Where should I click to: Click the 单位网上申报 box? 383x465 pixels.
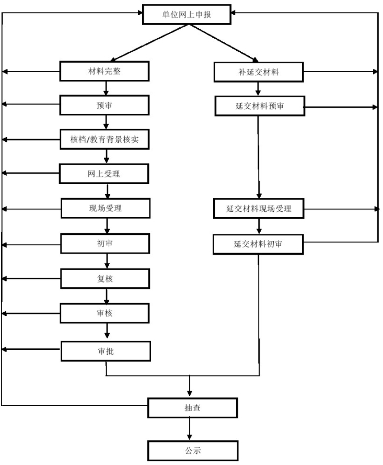click(x=187, y=15)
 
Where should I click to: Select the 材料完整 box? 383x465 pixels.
click(x=105, y=71)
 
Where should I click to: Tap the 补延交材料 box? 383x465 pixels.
click(x=259, y=72)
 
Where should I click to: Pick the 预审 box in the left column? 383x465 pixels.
click(x=105, y=105)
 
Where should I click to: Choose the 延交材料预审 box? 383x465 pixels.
click(x=260, y=106)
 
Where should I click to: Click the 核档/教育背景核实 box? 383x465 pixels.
click(x=105, y=139)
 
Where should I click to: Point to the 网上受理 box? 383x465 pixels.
click(x=104, y=174)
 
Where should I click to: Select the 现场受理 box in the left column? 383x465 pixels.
click(x=106, y=208)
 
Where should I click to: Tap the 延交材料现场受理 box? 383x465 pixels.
click(x=259, y=209)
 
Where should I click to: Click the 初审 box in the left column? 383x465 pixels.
click(x=105, y=243)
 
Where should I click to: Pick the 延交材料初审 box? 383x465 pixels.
click(x=258, y=244)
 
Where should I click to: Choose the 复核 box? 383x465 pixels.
click(x=105, y=279)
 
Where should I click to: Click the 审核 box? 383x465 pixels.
click(x=105, y=313)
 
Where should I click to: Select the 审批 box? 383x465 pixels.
click(x=106, y=351)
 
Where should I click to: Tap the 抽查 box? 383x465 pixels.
click(x=192, y=408)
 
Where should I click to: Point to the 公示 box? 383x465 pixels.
click(x=193, y=451)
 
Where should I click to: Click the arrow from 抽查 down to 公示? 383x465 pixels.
click(x=190, y=429)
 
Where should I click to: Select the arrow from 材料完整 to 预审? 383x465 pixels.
click(x=106, y=88)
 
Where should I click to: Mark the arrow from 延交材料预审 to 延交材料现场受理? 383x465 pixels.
click(x=258, y=157)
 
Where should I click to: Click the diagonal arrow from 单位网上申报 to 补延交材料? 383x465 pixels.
click(x=224, y=43)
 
